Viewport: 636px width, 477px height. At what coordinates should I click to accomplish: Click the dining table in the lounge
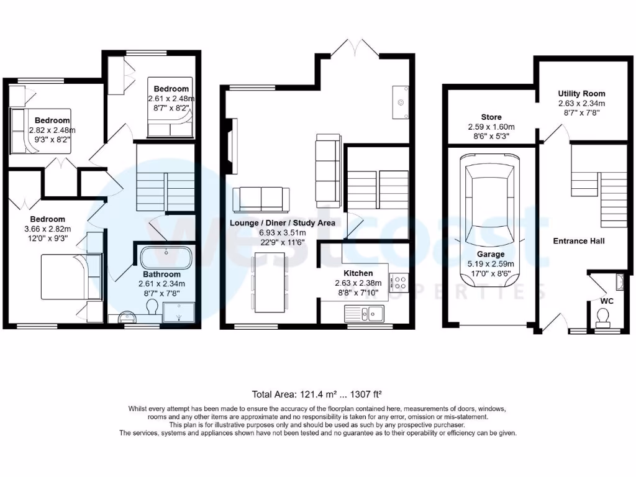click(x=270, y=283)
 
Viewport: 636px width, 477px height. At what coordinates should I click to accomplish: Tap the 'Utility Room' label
click(x=581, y=94)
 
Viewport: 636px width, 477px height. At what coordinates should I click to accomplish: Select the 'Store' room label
click(x=491, y=117)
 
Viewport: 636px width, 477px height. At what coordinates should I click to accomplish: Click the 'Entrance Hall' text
click(x=579, y=241)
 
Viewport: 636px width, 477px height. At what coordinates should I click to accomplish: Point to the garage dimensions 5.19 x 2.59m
click(x=491, y=263)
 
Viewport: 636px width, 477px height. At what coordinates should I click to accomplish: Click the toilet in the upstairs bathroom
click(x=151, y=307)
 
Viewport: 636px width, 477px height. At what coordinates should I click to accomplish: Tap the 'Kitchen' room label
click(x=358, y=273)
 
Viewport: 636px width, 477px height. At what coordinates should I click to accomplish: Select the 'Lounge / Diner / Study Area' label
click(x=283, y=222)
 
